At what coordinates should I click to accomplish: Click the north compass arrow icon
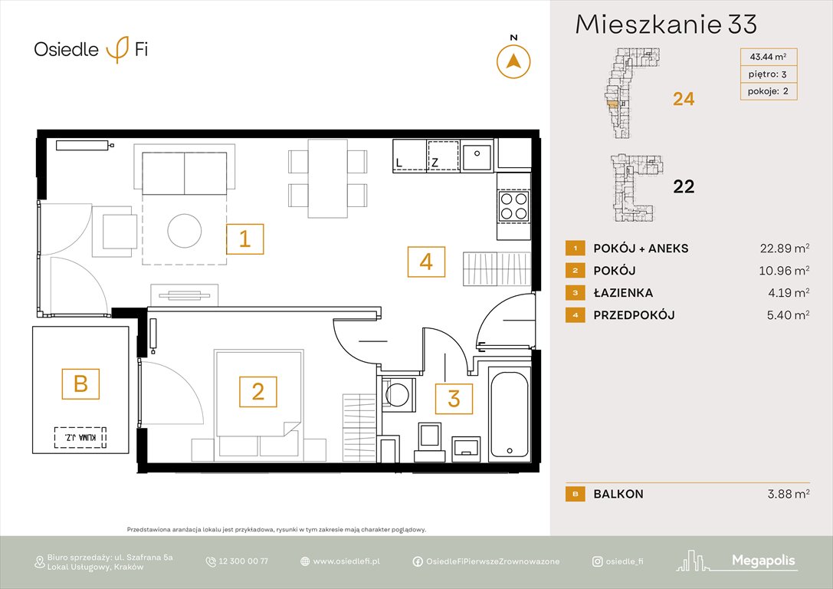coord(513,61)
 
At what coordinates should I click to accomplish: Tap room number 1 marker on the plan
coord(244,239)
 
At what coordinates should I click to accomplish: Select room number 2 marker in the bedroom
coord(258,392)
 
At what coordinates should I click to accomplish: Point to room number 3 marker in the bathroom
coord(454,399)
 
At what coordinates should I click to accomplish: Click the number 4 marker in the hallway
coord(426,262)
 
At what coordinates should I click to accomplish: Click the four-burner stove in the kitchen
coord(513,206)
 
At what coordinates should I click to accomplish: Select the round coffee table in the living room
coord(185,230)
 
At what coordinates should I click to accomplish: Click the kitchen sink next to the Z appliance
coord(477,156)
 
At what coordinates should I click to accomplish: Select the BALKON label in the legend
coord(618,494)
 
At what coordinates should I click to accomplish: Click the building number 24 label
coord(684,98)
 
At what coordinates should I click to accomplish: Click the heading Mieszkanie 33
coord(666,25)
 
